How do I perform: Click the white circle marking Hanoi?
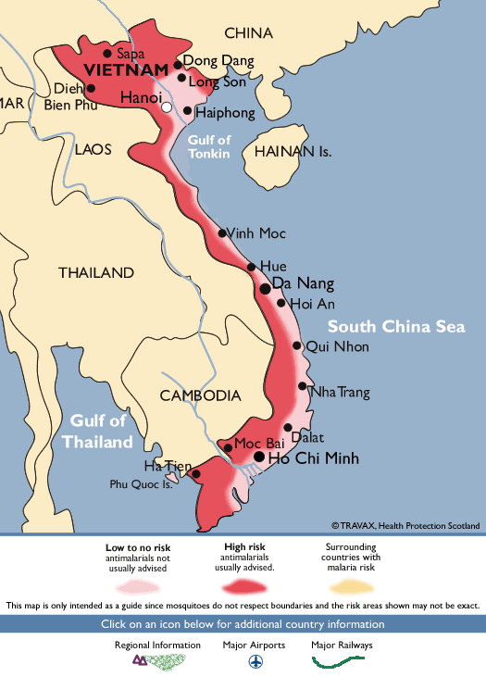(x=167, y=107)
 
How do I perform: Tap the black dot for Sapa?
(x=107, y=53)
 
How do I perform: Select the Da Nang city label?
(x=303, y=283)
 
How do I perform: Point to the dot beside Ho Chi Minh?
(x=259, y=457)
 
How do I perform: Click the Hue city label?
(x=273, y=266)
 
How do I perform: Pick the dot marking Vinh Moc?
(x=222, y=232)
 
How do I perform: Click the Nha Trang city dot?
(x=302, y=386)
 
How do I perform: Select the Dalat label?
(x=307, y=436)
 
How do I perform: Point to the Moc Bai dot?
(x=227, y=448)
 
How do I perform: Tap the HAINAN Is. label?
(x=293, y=151)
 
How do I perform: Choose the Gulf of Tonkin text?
(x=208, y=146)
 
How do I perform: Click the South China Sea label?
(x=395, y=327)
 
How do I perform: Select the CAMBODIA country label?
(x=200, y=395)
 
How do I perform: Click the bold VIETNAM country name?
(x=126, y=70)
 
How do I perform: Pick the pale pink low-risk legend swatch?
(x=138, y=587)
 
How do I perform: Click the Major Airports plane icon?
(x=255, y=662)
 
